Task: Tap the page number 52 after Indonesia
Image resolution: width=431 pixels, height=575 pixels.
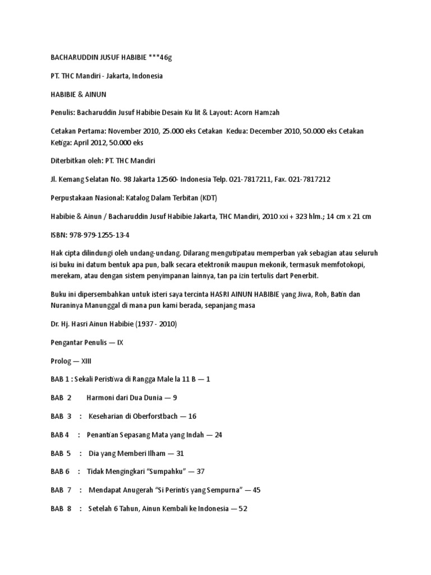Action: [x=242, y=509]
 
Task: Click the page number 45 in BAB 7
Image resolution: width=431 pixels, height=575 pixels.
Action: [x=256, y=490]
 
